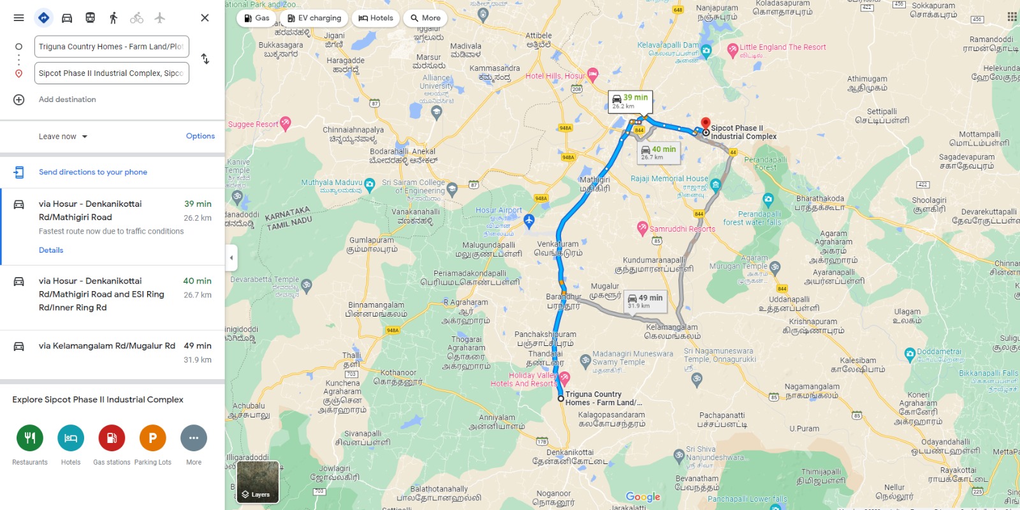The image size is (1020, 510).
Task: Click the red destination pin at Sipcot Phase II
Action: click(705, 123)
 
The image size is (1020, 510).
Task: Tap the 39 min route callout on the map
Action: click(629, 101)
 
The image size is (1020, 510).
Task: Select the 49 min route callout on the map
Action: click(645, 301)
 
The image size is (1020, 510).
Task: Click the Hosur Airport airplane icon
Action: click(528, 221)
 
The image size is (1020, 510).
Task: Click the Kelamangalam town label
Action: click(671, 331)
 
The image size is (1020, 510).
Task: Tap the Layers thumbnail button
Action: click(258, 482)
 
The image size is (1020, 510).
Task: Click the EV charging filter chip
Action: click(314, 19)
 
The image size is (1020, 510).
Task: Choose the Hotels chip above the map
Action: click(375, 19)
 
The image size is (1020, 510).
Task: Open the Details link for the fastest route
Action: click(51, 250)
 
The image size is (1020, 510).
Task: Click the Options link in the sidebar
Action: click(200, 136)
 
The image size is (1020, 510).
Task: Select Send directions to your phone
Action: click(92, 172)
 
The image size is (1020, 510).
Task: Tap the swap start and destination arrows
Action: click(205, 59)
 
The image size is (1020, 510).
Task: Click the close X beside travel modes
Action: click(205, 18)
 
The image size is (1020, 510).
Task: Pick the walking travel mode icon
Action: click(113, 18)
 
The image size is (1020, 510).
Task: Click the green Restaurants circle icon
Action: click(30, 438)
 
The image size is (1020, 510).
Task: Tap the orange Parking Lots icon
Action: click(153, 438)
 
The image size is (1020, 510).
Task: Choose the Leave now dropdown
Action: click(62, 137)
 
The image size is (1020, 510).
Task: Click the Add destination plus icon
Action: click(19, 100)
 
